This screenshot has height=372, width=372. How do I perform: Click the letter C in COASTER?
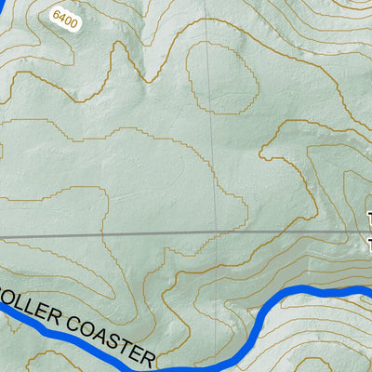[73, 321]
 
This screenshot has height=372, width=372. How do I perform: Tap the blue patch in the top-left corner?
[5, 5]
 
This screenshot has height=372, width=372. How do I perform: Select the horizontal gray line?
[139, 233]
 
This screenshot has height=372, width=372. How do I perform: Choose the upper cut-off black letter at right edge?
[369, 221]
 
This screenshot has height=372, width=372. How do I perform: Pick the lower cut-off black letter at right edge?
[369, 243]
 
